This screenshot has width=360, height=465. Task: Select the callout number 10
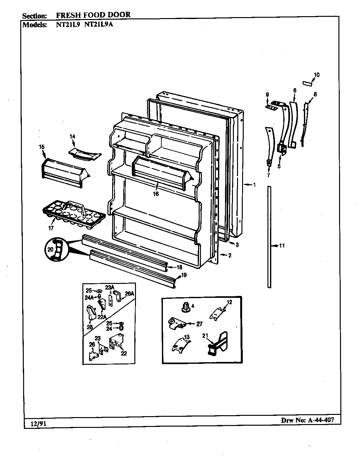(x=316, y=75)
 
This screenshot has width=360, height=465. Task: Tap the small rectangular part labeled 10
(x=307, y=83)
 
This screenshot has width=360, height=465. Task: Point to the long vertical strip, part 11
(x=269, y=237)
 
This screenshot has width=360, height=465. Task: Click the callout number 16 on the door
(x=156, y=194)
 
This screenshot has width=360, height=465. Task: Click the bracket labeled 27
(x=176, y=323)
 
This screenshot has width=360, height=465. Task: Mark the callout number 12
(x=229, y=302)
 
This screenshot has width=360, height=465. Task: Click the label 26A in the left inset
(x=130, y=293)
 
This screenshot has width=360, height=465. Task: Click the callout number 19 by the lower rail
(x=184, y=275)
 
